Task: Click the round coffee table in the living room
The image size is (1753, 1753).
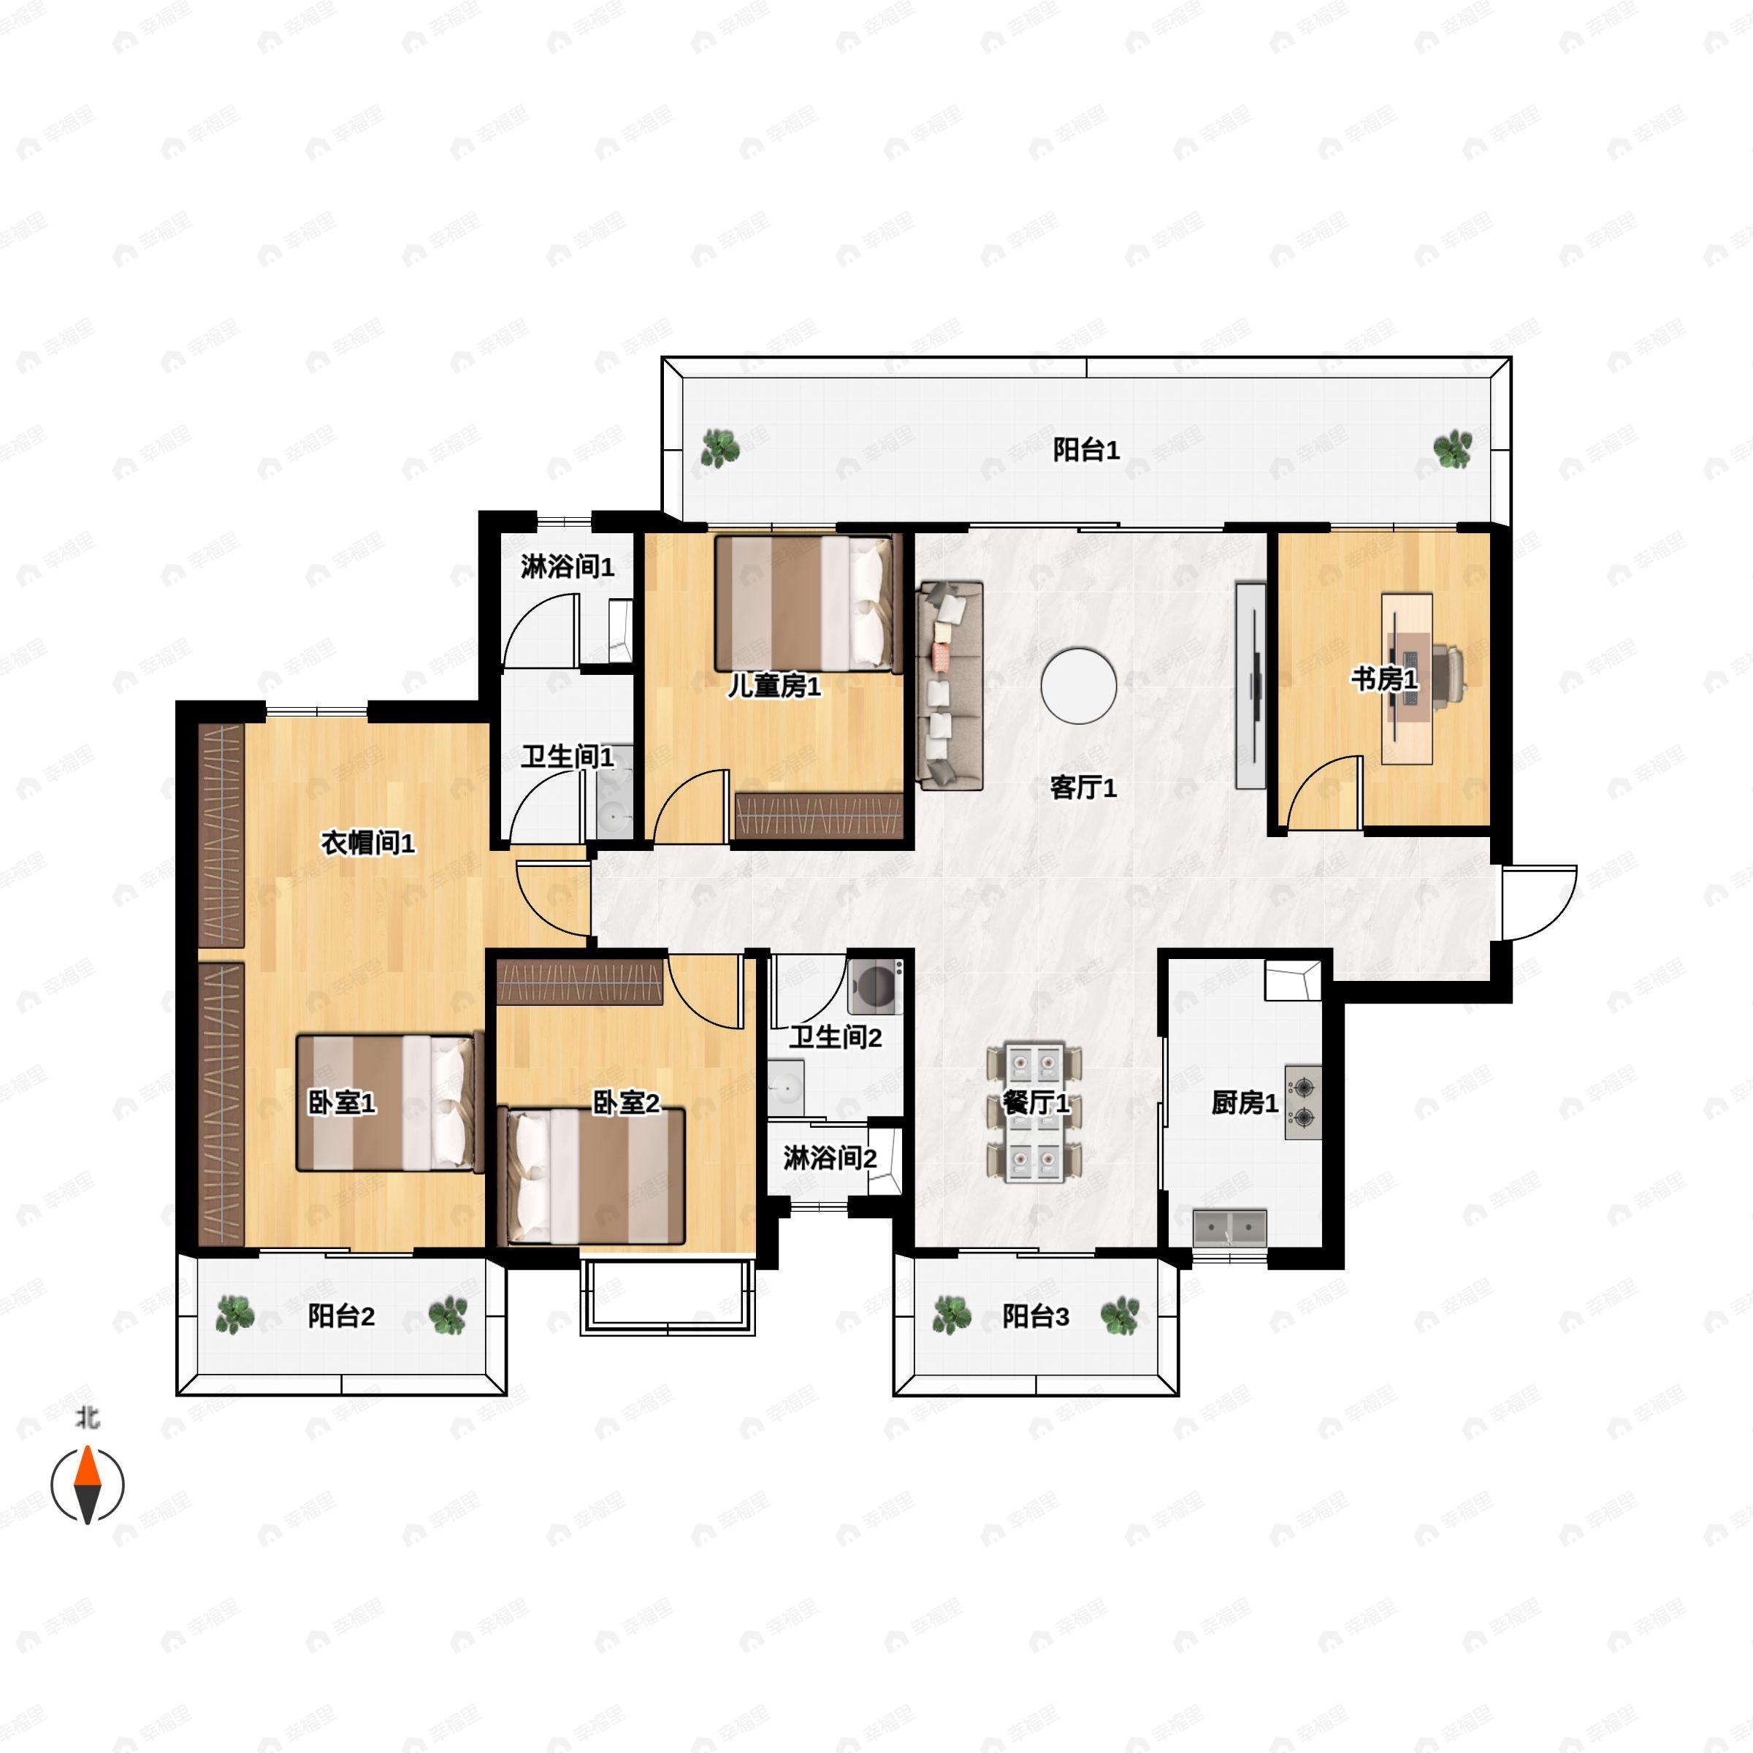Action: coord(1079,686)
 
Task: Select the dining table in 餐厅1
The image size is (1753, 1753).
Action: coord(1034,1113)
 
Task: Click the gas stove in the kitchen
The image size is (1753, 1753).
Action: coord(1303,1101)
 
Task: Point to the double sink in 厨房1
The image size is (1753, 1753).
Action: coord(1229,1228)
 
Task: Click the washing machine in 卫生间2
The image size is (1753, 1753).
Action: coord(876,988)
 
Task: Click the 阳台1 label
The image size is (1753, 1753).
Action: coord(1086,449)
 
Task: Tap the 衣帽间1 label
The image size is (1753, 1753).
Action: coord(367,843)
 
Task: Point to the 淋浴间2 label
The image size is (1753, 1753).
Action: coord(829,1158)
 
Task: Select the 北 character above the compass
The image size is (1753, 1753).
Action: coord(87,1417)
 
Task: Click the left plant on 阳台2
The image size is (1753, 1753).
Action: coord(235,1315)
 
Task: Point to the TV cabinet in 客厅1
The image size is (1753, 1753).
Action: coord(1250,684)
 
